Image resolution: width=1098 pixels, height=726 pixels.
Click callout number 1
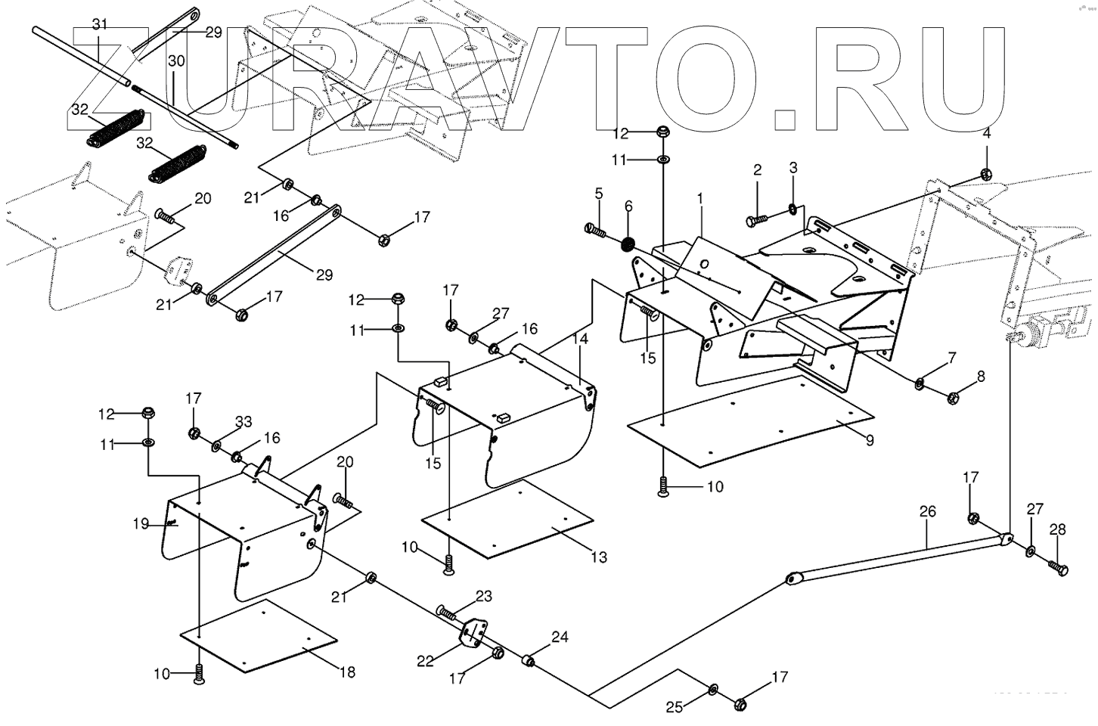tap(700, 198)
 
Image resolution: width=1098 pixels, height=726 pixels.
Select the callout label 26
tap(927, 512)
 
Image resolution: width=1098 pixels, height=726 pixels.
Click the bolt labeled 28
tap(1057, 566)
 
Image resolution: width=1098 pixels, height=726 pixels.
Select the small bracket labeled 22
tap(474, 634)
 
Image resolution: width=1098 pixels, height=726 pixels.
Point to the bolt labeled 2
tap(756, 220)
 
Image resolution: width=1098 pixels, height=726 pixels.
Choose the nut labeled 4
tap(986, 174)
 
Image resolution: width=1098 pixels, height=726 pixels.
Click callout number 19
tap(141, 523)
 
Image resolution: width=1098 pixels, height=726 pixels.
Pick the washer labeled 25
tap(714, 689)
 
